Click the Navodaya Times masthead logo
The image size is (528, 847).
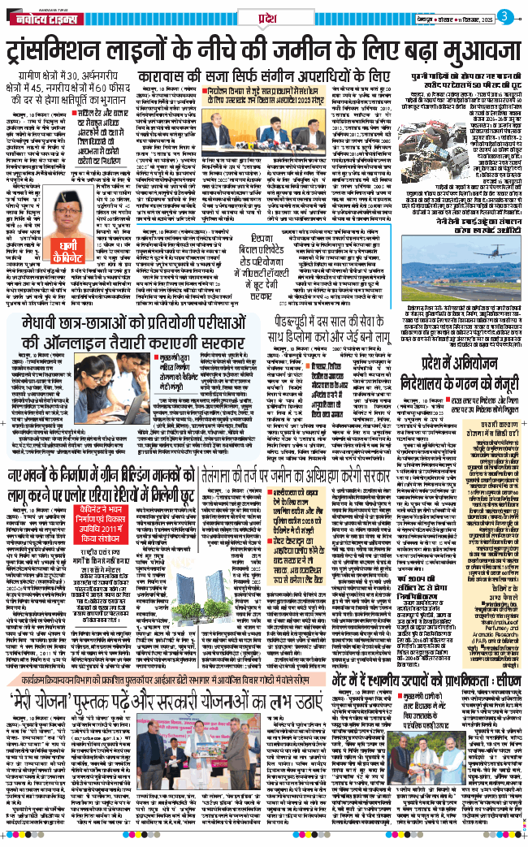pyautogui.click(x=42, y=18)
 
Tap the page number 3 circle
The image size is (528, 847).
pyautogui.click(x=506, y=17)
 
